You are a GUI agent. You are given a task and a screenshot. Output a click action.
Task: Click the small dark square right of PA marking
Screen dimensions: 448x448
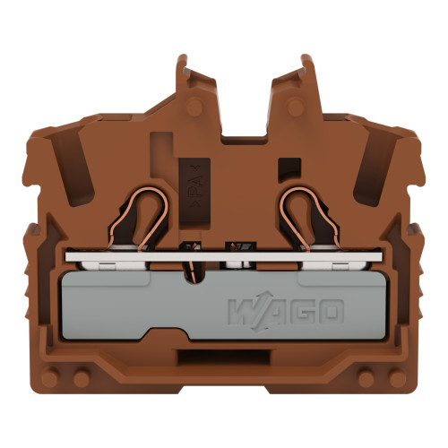tap(289, 168)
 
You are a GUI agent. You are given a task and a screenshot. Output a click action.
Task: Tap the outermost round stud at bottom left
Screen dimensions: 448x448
tap(52, 379)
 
